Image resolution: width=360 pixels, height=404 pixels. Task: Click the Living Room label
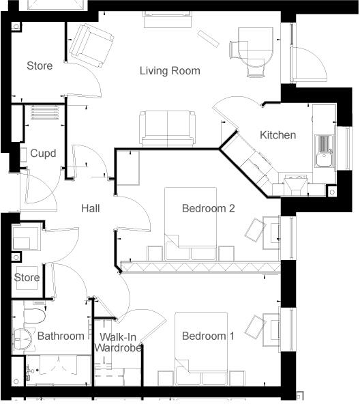170,70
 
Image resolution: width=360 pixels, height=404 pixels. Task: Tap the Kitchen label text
277,135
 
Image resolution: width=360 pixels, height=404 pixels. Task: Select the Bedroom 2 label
208,208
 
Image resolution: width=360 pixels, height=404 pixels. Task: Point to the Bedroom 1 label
208,336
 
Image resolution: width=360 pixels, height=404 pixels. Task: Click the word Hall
90,208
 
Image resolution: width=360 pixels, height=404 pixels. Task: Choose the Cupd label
43,154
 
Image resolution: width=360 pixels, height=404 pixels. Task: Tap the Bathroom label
61,336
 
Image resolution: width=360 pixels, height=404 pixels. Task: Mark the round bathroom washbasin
25,338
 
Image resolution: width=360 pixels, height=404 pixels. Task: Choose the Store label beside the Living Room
40,66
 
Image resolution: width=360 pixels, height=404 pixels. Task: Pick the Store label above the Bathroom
27,278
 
